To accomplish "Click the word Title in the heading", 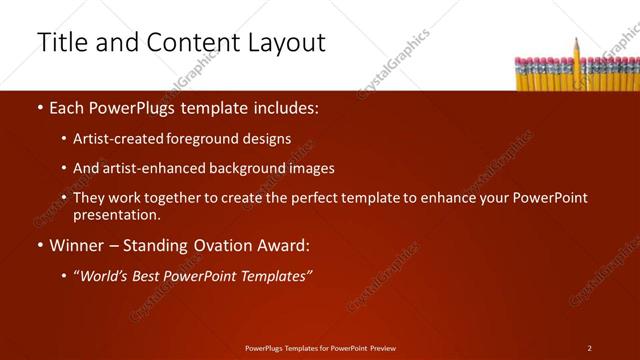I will (x=60, y=42).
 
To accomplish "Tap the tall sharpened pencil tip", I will (x=577, y=41).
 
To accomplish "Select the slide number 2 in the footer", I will (x=589, y=348).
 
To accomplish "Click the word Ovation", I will (x=234, y=245).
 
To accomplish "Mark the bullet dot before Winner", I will (x=40, y=245).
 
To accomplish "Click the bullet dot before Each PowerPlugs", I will (x=40, y=106).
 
